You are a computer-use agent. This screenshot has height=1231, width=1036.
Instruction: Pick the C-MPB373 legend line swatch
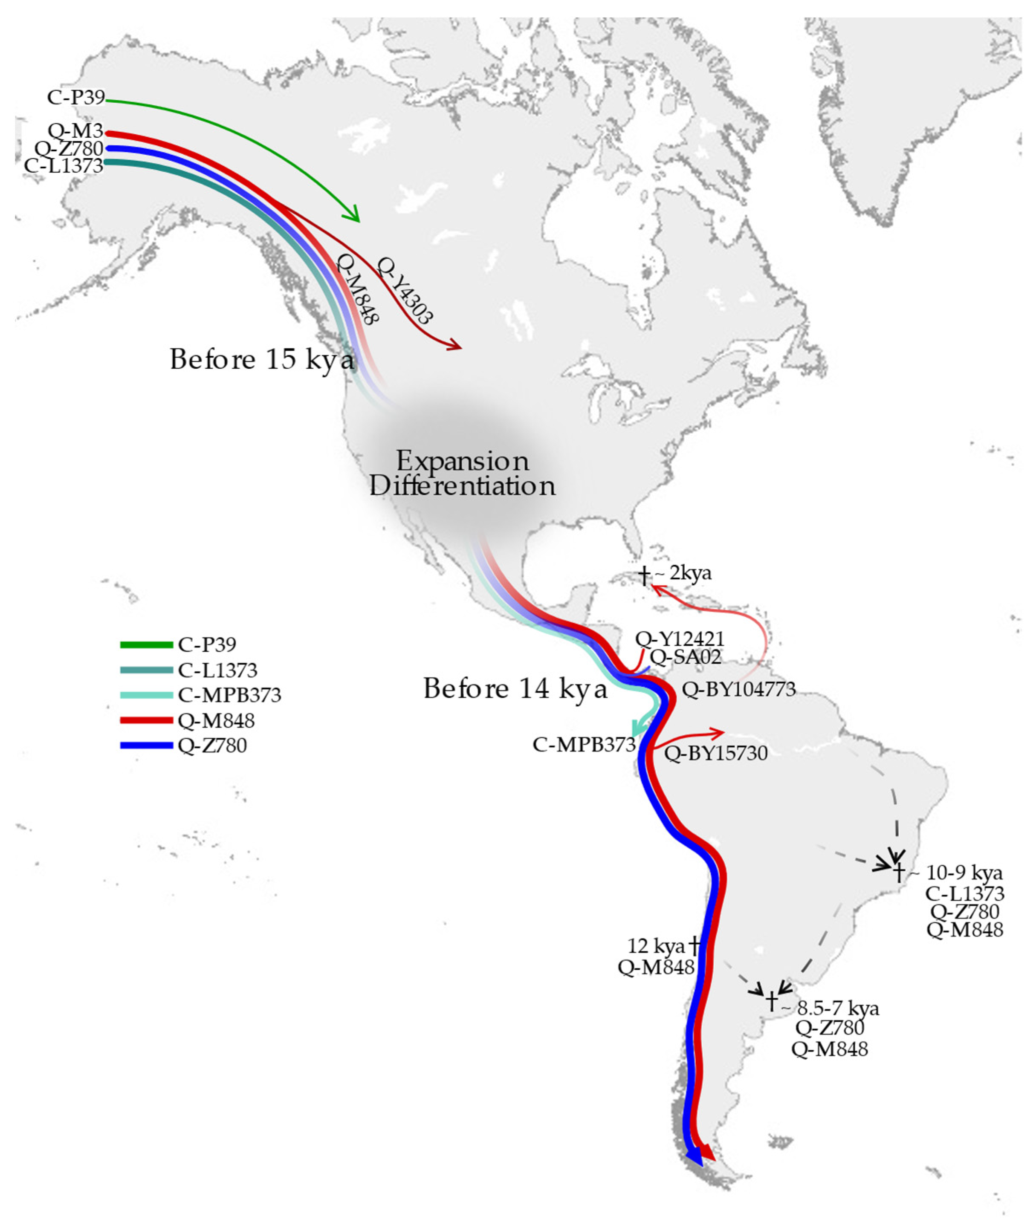pos(146,696)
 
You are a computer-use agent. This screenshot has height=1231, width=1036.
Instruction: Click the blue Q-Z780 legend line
pos(146,746)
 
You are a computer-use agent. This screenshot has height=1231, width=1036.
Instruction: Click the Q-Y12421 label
pos(680,639)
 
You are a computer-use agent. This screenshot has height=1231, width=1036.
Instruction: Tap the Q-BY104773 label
pos(738,689)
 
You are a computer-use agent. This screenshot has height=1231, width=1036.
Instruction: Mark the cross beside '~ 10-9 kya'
pos(898,873)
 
